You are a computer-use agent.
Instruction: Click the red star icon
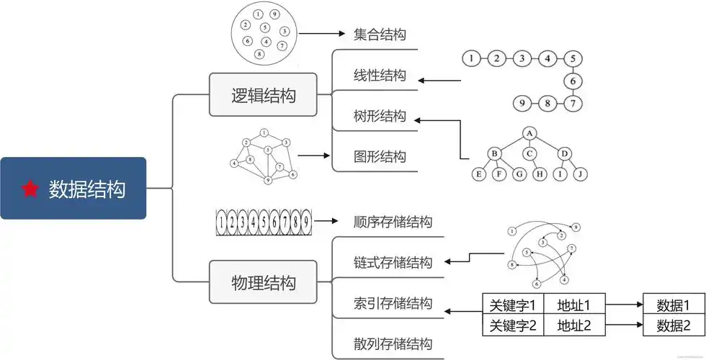[30, 189]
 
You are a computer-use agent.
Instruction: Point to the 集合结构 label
[380, 34]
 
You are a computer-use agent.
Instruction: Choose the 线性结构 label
[380, 76]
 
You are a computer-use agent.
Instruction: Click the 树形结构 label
[380, 116]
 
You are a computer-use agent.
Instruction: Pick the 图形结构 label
[380, 156]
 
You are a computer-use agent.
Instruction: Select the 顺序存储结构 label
[393, 222]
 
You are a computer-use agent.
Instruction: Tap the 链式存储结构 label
[393, 261]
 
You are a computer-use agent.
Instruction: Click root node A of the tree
[529, 132]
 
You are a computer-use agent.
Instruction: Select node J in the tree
[580, 174]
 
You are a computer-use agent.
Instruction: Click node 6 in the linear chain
[573, 81]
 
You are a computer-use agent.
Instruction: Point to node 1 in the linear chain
[470, 58]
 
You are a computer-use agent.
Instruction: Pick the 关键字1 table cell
[512, 305]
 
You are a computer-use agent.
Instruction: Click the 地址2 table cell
[574, 325]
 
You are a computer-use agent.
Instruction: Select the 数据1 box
[673, 305]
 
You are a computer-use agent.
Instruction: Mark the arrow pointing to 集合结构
[323, 34]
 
